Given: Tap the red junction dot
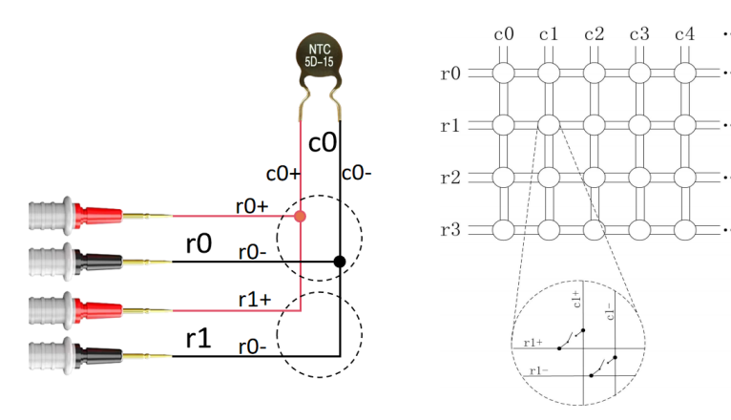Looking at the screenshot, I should (x=301, y=217).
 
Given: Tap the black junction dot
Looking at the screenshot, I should (x=340, y=262).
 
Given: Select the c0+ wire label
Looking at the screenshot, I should (x=282, y=174).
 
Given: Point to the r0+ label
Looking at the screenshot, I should (x=254, y=204).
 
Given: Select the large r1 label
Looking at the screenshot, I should (x=198, y=338).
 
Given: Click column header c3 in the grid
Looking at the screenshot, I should (x=638, y=34).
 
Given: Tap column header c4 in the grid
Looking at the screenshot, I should (x=684, y=34).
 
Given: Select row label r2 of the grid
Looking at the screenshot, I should (x=452, y=178).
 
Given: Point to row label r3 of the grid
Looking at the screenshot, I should (x=452, y=230).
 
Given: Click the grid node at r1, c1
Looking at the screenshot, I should (x=548, y=124).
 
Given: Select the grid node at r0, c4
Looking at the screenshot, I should (x=684, y=73).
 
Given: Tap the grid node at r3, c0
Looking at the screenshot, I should (x=503, y=229).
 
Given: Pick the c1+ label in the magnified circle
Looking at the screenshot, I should (x=576, y=301).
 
